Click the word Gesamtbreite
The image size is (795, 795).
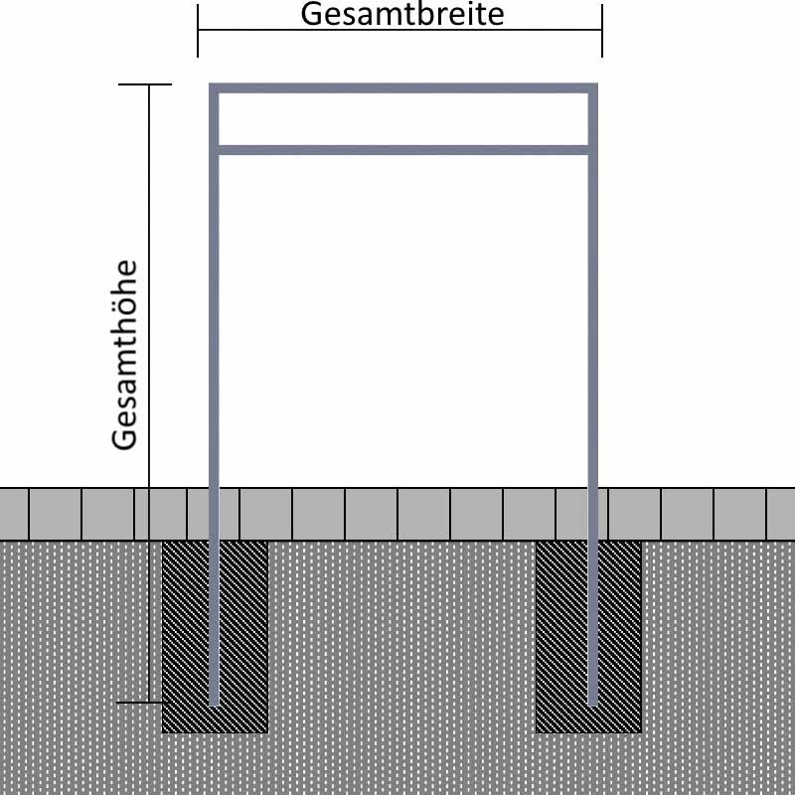[x=402, y=14]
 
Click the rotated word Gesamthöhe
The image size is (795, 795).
[x=125, y=355]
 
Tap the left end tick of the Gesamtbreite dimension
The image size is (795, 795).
[x=198, y=31]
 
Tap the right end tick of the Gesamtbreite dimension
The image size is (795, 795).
[x=602, y=31]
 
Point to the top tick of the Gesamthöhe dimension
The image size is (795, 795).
[x=145, y=84]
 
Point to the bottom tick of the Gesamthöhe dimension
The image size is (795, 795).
[x=142, y=703]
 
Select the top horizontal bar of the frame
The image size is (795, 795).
[x=403, y=88]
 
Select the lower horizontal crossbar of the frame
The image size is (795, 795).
[x=403, y=150]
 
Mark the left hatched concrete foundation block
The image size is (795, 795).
[x=215, y=636]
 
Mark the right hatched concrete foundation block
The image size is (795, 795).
[x=588, y=636]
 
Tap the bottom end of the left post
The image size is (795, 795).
[x=214, y=705]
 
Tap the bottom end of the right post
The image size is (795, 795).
[x=593, y=705]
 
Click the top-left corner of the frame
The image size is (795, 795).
[x=210, y=84]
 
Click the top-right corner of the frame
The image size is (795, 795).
[x=597, y=84]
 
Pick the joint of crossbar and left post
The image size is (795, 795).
[x=214, y=150]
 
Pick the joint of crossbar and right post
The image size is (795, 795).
[x=593, y=150]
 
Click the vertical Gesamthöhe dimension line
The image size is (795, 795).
[x=149, y=393]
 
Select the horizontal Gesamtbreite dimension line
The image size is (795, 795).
[x=400, y=30]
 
